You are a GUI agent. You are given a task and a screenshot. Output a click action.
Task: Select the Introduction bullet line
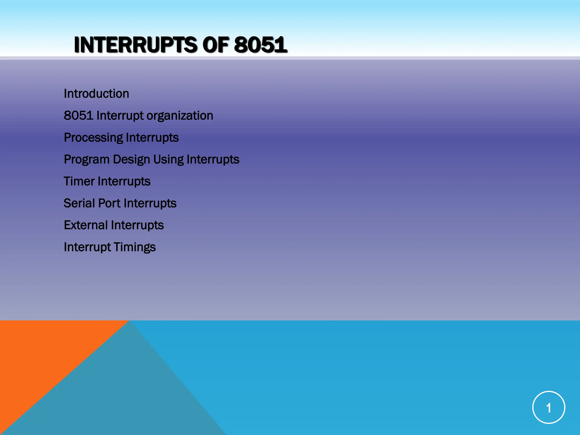point(96,94)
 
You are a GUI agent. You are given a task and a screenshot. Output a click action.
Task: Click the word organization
point(180,116)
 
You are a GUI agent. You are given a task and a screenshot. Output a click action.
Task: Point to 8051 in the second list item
point(78,116)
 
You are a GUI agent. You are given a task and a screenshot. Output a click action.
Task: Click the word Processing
point(93,138)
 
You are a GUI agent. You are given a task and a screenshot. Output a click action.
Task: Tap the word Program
point(87,160)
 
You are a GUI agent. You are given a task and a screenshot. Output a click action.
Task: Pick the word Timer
point(79,181)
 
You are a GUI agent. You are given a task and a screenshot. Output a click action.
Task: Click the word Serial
point(79,203)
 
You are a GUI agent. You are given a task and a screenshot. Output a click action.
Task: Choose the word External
point(86,225)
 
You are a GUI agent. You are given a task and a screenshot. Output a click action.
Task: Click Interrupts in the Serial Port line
point(150,204)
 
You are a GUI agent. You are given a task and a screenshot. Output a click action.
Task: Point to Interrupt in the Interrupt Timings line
point(87,247)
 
